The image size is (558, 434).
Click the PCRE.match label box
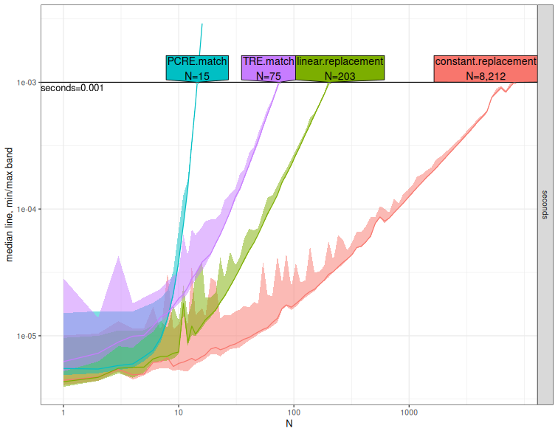(197, 68)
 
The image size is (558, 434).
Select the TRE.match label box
(269, 68)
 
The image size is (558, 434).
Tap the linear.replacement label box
(340, 68)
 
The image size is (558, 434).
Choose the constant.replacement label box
(485, 68)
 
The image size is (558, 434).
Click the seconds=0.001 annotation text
(72, 88)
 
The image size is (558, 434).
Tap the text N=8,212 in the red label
(485, 75)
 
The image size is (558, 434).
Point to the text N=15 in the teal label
(197, 75)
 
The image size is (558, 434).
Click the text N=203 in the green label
(340, 75)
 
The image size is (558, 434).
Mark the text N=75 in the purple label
(269, 75)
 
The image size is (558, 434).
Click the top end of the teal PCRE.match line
(202, 24)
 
